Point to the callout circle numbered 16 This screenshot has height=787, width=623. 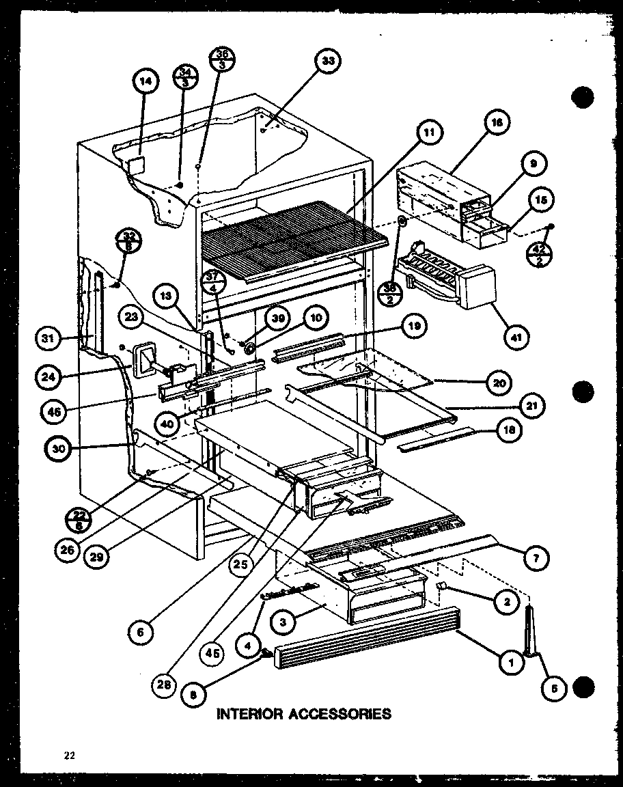pyautogui.click(x=497, y=122)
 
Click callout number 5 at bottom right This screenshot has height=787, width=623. pyautogui.click(x=555, y=689)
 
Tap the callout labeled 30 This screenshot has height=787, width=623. pyautogui.click(x=59, y=448)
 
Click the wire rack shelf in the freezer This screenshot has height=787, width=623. pyautogui.click(x=294, y=239)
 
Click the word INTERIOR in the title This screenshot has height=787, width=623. pyautogui.click(x=250, y=714)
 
